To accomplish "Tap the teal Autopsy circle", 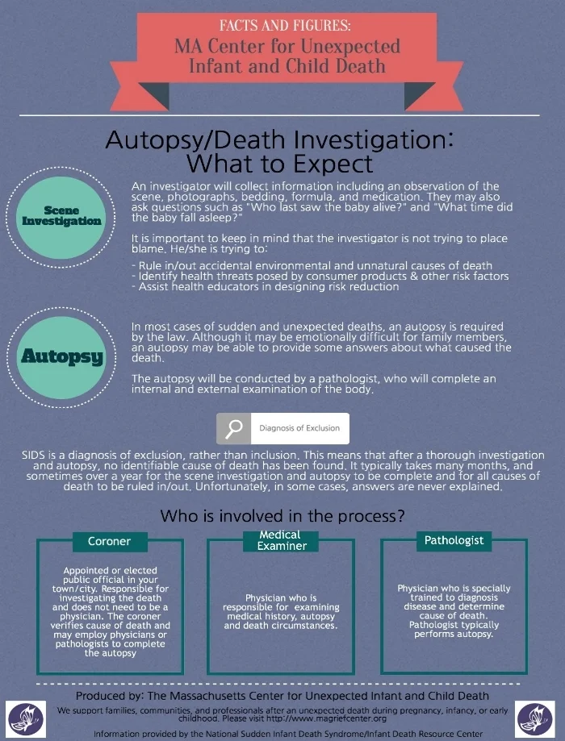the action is (x=62, y=355).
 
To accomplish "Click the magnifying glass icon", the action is (x=233, y=428).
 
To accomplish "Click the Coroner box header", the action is (x=108, y=541).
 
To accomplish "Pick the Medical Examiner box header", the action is (x=280, y=540).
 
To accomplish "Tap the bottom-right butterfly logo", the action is (x=535, y=718).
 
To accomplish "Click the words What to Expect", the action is (x=280, y=164).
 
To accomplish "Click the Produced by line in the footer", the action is (x=282, y=696).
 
